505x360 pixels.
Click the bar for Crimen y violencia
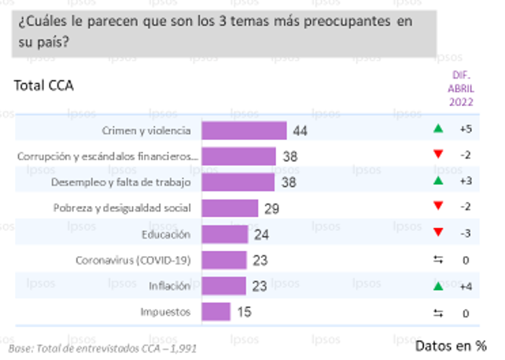click(x=244, y=130)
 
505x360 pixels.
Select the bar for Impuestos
click(x=216, y=312)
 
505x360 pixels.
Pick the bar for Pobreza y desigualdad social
click(x=230, y=208)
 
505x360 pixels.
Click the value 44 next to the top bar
click(x=300, y=130)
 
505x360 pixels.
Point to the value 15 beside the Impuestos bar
click(x=244, y=312)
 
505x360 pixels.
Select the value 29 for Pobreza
click(x=272, y=208)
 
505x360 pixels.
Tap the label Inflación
click(x=170, y=286)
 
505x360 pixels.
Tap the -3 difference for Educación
click(x=465, y=234)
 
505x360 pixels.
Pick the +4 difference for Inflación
click(x=465, y=286)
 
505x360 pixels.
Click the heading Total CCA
click(x=43, y=86)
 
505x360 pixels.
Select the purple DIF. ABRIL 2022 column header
click(x=462, y=88)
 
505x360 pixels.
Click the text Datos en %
click(x=451, y=345)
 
